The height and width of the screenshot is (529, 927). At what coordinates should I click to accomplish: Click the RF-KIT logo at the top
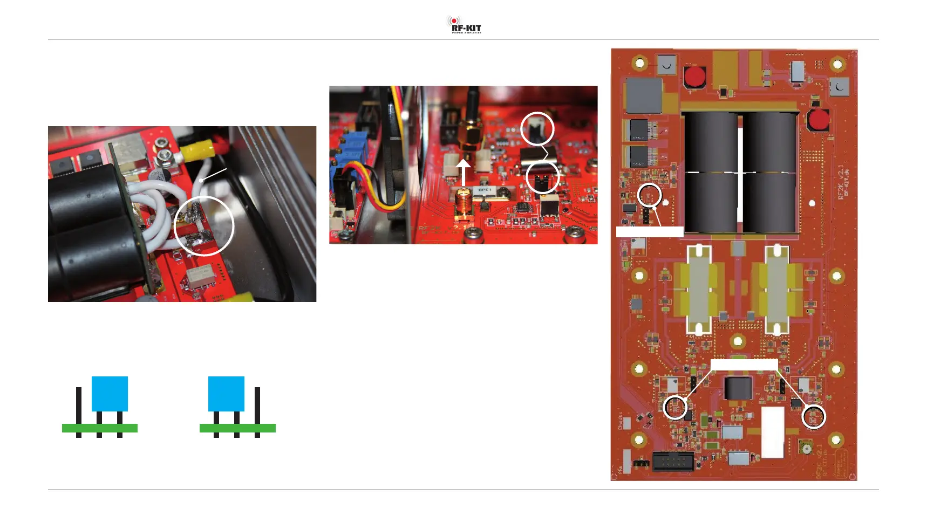coord(464,25)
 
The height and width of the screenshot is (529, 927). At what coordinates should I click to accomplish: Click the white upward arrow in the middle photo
coord(463,171)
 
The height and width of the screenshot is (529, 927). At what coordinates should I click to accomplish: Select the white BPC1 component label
coord(484,190)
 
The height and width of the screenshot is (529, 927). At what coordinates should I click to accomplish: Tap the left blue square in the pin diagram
coord(110,394)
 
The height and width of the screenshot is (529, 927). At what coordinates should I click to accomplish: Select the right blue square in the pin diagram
coord(226,394)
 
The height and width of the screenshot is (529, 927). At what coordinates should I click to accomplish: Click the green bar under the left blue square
coord(100,428)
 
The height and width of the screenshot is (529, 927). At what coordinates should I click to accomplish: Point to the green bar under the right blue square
coord(237,428)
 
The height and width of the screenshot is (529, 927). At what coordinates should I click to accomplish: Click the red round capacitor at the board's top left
coord(696,77)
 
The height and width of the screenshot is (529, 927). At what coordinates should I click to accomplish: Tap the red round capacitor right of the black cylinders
coord(819,120)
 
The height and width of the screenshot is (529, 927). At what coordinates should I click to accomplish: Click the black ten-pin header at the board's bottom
coord(673,462)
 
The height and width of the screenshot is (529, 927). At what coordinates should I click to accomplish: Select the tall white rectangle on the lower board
coord(772,432)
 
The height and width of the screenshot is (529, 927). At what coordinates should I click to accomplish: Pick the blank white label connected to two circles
coord(744,365)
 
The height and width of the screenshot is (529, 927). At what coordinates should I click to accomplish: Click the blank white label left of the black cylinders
coord(650,232)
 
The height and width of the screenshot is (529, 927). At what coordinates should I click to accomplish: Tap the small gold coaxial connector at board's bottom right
coord(806,447)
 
